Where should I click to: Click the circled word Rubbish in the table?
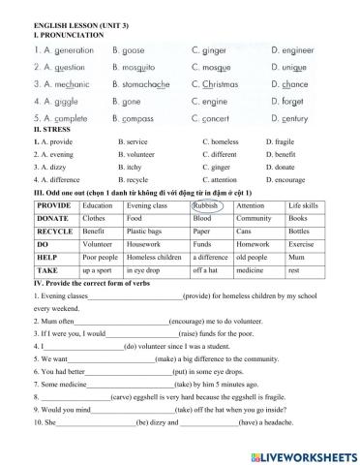(x=205, y=205)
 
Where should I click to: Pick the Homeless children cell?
(x=155, y=258)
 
